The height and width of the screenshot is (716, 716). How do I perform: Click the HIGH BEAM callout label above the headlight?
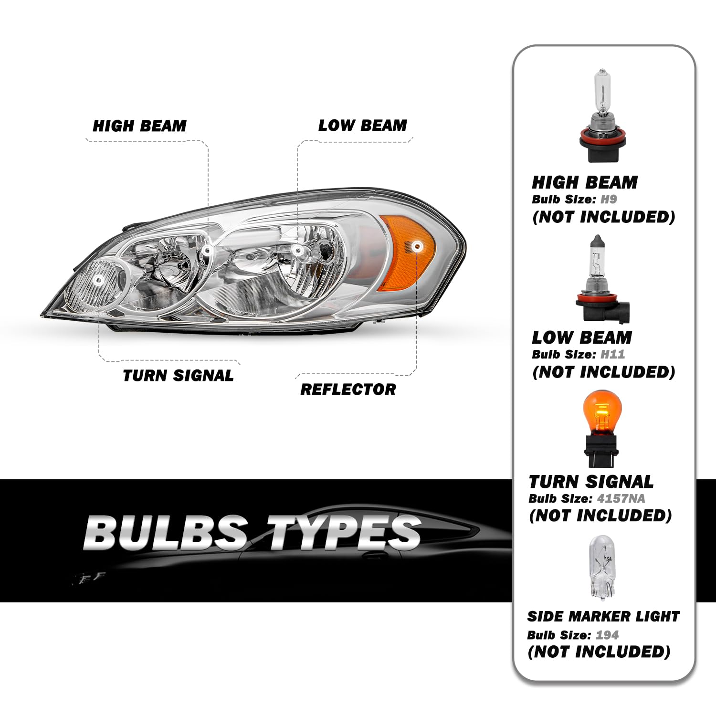[139, 126]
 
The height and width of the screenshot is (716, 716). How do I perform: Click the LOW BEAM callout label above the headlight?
[362, 126]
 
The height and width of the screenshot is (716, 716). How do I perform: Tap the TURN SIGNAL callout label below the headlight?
[178, 376]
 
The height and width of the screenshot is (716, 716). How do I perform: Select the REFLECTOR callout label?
[348, 390]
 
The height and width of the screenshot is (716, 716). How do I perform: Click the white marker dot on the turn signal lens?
[100, 281]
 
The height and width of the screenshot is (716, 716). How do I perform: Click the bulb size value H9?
[609, 200]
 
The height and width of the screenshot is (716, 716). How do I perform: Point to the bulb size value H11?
[612, 354]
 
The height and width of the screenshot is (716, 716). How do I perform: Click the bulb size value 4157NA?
[621, 499]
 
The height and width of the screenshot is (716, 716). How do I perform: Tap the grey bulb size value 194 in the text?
[607, 635]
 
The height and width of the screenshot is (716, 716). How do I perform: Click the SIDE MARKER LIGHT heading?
[603, 617]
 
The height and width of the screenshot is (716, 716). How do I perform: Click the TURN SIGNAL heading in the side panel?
[591, 482]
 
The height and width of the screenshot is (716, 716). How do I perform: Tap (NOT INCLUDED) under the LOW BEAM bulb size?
[603, 372]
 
